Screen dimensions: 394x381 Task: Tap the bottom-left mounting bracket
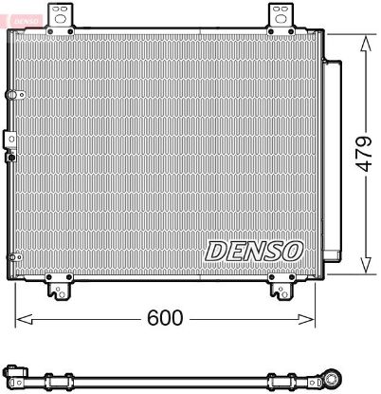(x=62, y=285)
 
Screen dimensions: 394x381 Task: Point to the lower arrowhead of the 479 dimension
(x=363, y=269)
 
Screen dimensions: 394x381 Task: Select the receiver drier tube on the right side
(x=333, y=157)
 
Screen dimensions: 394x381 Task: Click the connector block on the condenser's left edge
(x=10, y=141)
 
